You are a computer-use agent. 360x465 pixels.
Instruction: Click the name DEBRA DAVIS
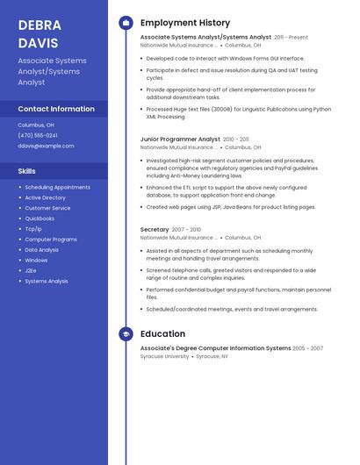(40, 33)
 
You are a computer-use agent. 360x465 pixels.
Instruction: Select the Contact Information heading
(56, 109)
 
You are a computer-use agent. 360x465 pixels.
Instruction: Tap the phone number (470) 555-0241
(38, 135)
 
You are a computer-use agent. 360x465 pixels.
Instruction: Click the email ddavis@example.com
(46, 146)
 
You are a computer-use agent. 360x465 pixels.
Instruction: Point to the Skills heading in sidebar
(27, 171)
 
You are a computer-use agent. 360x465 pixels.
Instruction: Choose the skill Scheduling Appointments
(57, 187)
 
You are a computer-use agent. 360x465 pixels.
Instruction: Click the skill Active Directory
(45, 197)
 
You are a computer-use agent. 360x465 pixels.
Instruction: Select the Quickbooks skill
(40, 218)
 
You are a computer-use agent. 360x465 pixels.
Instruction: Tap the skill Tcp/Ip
(33, 229)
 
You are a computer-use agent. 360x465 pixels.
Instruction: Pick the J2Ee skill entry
(32, 270)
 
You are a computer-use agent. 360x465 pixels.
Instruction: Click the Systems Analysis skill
(47, 281)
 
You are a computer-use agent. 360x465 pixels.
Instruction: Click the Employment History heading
(185, 23)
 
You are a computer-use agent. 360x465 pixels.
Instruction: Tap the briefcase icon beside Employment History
(126, 23)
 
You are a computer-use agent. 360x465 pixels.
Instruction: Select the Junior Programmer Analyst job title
(180, 139)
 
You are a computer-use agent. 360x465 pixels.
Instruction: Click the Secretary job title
(155, 229)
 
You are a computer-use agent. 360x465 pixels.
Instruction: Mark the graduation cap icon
(126, 334)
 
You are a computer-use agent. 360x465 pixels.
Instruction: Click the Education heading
(162, 334)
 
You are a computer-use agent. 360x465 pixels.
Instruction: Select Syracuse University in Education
(165, 357)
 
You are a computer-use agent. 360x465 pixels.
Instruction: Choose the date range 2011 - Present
(291, 38)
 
